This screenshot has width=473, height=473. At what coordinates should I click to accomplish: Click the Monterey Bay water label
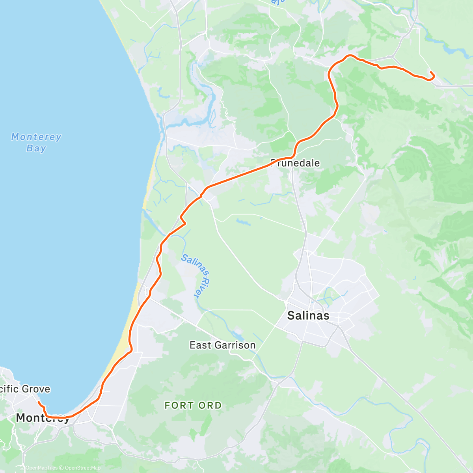point(36,143)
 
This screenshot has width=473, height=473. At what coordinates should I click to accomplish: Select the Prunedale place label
point(296,163)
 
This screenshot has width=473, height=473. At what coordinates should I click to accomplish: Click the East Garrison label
point(222,345)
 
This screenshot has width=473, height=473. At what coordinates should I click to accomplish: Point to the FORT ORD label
point(193,406)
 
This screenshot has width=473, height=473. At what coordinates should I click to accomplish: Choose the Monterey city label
point(43,418)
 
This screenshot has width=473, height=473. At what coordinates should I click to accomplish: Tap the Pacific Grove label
point(24,389)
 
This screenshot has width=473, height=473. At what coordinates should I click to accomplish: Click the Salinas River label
point(196,276)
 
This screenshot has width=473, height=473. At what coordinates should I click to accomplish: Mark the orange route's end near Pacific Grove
point(38,402)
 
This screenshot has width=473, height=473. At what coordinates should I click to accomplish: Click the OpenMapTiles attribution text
point(42,468)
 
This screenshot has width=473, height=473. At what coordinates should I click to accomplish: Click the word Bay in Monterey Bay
point(36,149)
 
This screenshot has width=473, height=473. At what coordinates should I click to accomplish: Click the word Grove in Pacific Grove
point(36,389)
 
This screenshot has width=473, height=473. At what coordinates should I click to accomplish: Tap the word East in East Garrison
point(198,345)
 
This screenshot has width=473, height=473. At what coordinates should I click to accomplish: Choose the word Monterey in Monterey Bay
point(36,137)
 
